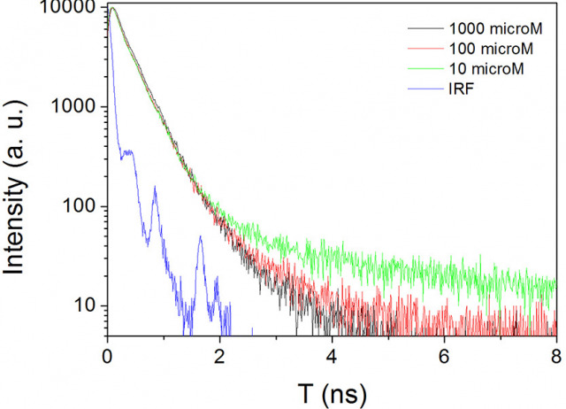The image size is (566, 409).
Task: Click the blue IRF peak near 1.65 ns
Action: pos(200,237)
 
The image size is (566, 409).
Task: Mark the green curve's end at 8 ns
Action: pos(556,285)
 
